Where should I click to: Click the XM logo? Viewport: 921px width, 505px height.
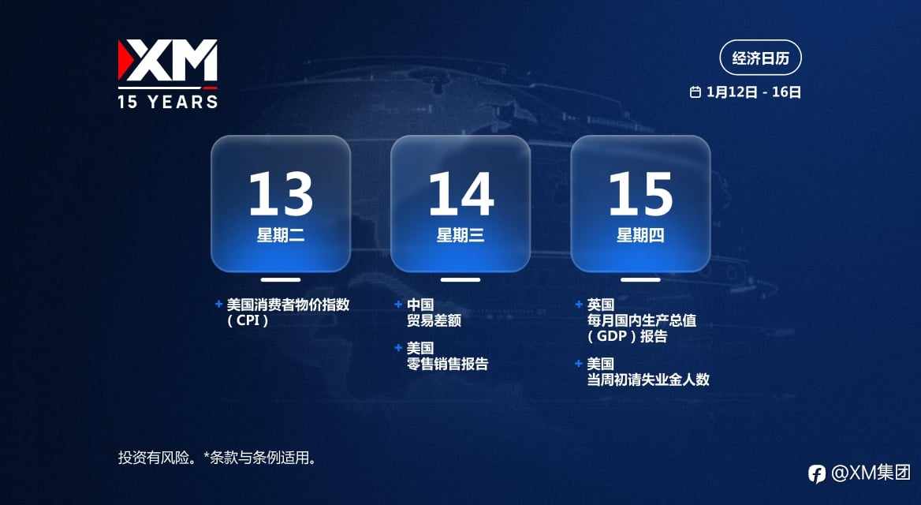coord(167,60)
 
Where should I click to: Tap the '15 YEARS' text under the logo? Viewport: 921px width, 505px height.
coord(168,102)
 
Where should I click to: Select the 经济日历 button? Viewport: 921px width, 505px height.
coord(760,58)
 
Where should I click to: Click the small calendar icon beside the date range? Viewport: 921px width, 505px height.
coord(695,92)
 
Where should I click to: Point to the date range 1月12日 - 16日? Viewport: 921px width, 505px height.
coord(754,92)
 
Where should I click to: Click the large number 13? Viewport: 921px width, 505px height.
coord(281,194)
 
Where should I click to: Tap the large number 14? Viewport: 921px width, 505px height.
coord(460,194)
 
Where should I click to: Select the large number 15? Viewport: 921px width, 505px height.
coord(640,194)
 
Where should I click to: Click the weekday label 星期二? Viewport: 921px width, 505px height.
coord(281,235)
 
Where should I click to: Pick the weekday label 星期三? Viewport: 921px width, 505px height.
coord(460,235)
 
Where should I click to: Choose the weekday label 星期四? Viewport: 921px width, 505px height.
coord(640,235)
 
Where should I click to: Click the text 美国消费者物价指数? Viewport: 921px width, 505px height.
coord(289,305)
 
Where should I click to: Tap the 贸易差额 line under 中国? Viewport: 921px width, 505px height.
coord(434,320)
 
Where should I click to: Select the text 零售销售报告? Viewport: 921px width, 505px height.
coord(448,364)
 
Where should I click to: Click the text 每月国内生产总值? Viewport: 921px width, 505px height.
coord(642,320)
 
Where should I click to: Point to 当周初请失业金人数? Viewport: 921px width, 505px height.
coord(648,380)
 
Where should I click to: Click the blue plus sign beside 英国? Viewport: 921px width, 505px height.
coord(579,304)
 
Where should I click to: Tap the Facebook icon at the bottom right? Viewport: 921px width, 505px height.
coord(816,473)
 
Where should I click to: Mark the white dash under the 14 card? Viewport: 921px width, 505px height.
coord(460,280)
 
